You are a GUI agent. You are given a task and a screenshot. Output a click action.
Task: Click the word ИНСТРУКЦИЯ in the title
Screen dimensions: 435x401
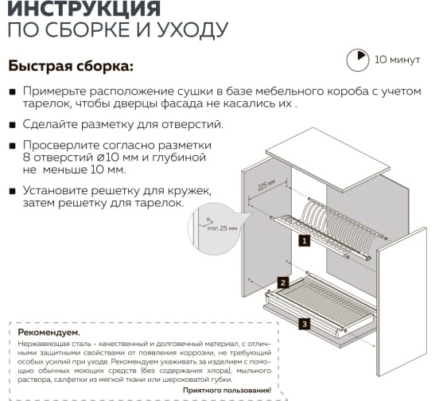pos(84,8)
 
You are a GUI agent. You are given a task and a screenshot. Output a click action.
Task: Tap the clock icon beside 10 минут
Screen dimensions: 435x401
pos(358,60)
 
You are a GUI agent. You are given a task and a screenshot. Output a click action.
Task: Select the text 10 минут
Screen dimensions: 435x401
pos(398,60)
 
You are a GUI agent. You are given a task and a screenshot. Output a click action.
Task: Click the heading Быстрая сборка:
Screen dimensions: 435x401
pos(71,66)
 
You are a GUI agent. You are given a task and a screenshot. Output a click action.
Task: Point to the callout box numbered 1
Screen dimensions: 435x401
pos(305,240)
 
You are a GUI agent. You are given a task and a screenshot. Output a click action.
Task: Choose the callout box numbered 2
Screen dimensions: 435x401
pos(283,282)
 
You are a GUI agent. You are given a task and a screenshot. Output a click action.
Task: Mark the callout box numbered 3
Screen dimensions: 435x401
pos(305,324)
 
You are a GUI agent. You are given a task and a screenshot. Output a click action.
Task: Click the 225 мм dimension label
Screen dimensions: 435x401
pos(266,185)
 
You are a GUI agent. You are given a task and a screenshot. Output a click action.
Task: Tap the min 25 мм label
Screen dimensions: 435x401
pos(223,228)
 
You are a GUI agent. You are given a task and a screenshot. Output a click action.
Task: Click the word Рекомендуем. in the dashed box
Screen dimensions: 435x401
pos(49,333)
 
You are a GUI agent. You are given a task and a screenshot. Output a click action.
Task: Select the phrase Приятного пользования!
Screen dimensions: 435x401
pos(227,390)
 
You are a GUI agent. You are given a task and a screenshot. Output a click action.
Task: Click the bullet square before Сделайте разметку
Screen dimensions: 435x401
pos(12,125)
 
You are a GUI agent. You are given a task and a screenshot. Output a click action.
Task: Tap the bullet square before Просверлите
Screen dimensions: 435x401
pos(12,146)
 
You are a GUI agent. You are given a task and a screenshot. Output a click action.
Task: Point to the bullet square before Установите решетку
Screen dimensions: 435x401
pos(12,191)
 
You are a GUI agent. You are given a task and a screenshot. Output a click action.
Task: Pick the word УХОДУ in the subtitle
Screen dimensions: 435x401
pos(192,29)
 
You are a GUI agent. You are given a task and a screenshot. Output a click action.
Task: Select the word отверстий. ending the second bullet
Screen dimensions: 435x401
pos(192,124)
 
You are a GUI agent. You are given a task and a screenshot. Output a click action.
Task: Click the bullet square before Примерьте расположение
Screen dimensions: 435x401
pos(12,91)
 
